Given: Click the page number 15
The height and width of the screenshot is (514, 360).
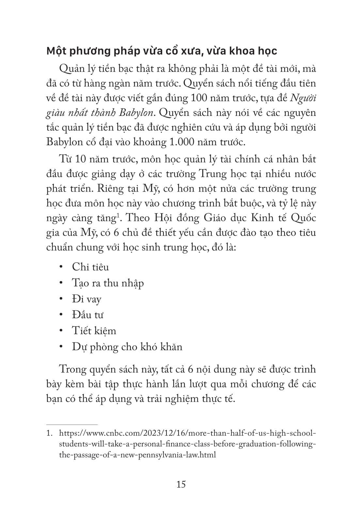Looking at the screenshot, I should point(181,484).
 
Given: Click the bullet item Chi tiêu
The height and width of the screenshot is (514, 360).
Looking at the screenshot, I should point(90,267).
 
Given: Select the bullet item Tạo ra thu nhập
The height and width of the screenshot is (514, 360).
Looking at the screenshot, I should point(108,283).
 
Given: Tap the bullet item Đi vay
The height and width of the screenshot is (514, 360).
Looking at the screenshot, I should point(86,299).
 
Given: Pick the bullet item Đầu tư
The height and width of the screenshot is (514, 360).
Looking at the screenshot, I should point(87,315).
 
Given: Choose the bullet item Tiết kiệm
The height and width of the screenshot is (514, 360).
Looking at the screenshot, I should point(94,331).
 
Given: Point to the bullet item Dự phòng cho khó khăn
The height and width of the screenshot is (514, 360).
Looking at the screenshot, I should point(127,347).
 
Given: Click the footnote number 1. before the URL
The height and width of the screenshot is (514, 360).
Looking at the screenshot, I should point(50,434).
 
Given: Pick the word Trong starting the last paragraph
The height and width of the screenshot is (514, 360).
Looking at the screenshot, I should point(74,369).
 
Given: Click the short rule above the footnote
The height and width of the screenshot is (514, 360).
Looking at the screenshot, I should point(72,425).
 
